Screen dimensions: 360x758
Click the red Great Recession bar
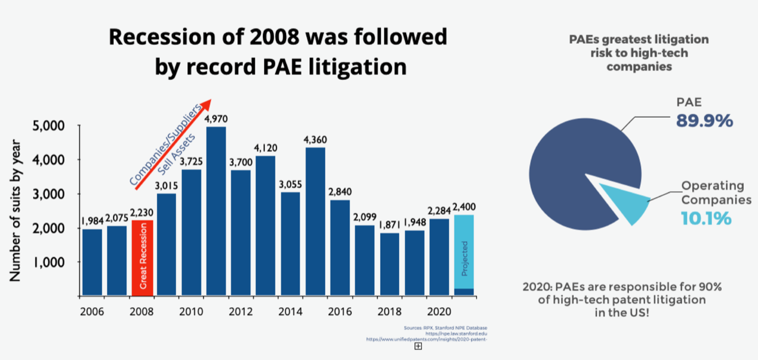pos(142,258)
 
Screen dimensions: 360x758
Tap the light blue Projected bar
pos(464,252)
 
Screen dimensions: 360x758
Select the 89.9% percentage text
pos(704,121)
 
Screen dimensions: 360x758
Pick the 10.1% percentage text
pos(705,218)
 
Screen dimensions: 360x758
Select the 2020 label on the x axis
pos(439,310)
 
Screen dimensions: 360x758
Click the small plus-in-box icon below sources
pos(418,346)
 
